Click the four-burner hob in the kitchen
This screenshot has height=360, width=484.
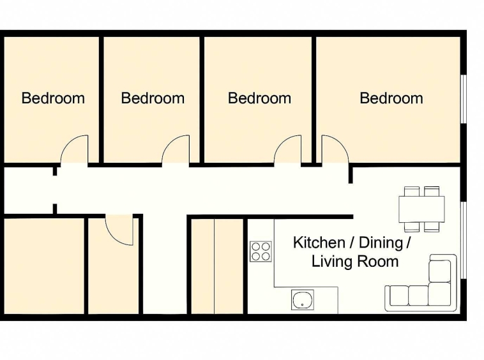[x=260, y=251]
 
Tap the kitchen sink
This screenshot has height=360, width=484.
[x=302, y=299]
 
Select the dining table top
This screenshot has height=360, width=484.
[x=421, y=209]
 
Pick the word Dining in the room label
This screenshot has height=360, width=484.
[x=380, y=243]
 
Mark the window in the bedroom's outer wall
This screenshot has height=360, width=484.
[x=464, y=98]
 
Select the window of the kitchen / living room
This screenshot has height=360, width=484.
[x=464, y=239]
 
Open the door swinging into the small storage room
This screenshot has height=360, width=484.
[x=119, y=229]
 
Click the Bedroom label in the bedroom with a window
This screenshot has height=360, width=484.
[x=391, y=98]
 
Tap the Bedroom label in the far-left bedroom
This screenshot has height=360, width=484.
[x=53, y=98]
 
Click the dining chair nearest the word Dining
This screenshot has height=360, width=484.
[x=411, y=225]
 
